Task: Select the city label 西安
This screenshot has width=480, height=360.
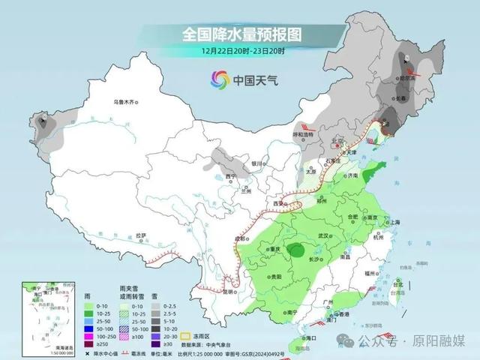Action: click(x=280, y=203)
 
